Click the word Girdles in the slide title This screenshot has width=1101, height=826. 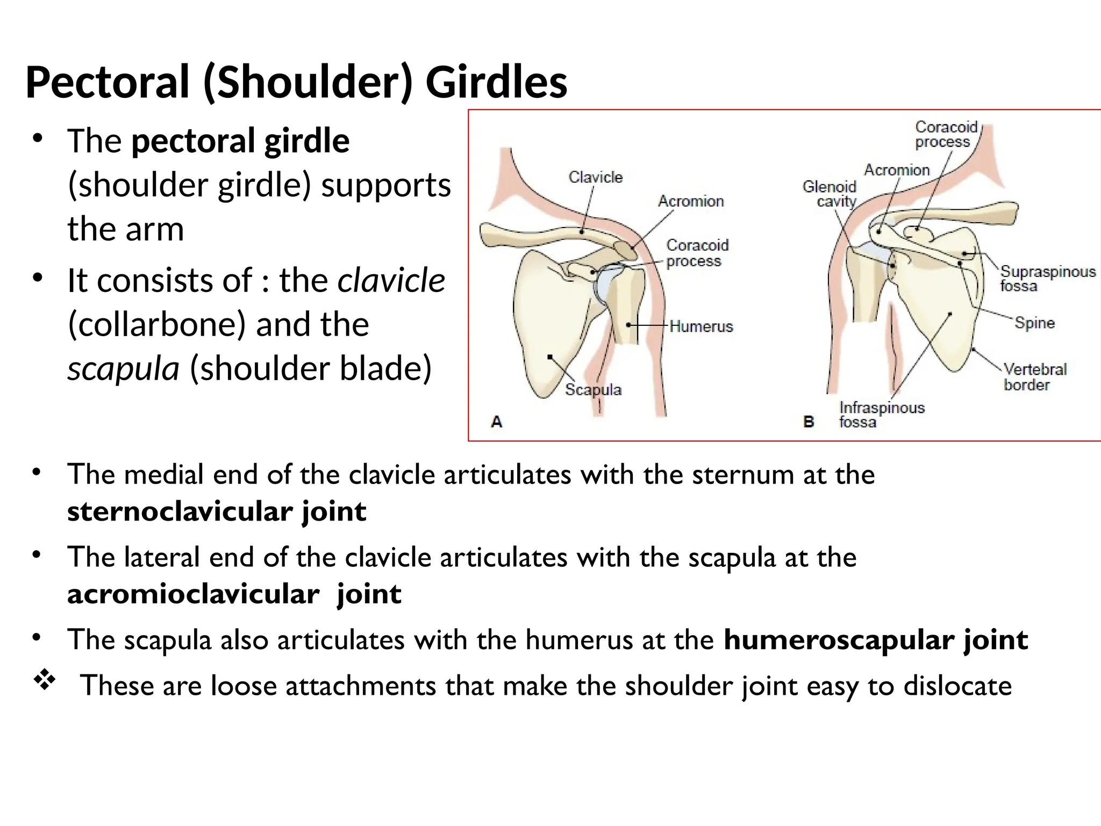(x=496, y=82)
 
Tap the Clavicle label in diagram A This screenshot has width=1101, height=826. (x=595, y=177)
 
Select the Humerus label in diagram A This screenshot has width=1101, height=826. (x=701, y=326)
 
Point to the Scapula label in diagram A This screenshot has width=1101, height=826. (x=593, y=389)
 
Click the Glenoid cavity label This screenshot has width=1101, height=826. (x=830, y=194)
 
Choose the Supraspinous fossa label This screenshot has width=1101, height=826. (x=1047, y=279)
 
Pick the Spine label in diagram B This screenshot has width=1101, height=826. (x=1034, y=323)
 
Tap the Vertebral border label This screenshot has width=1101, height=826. (x=1034, y=377)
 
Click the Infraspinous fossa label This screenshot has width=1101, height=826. (x=881, y=415)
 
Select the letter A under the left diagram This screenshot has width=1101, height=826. (x=497, y=422)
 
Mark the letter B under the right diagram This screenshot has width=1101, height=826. (x=809, y=422)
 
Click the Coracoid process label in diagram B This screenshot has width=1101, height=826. (x=946, y=134)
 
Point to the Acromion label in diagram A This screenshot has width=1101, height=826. (x=691, y=201)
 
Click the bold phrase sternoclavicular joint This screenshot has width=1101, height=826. (x=217, y=511)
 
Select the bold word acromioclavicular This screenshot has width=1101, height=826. (x=193, y=594)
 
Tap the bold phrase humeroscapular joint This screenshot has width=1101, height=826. (x=876, y=639)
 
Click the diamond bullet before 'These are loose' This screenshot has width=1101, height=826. (x=45, y=681)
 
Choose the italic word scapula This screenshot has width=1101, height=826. (x=123, y=368)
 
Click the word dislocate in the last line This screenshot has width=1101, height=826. (x=957, y=686)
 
